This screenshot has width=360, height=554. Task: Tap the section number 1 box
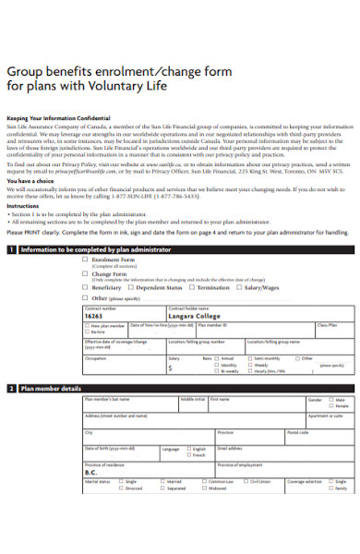pos(12,249)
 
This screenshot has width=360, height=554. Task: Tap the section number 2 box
pos(12,389)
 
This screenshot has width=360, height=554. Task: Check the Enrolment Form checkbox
pos(86,260)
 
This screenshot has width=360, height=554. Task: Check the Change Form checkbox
pos(86,273)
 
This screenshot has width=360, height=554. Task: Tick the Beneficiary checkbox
pos(86,286)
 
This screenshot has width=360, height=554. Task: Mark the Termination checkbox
pos(191,286)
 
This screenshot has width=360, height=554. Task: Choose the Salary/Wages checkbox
pos(239,286)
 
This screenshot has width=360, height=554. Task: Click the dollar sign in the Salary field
pos(170,367)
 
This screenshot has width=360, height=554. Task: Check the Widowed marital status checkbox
pos(204,488)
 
